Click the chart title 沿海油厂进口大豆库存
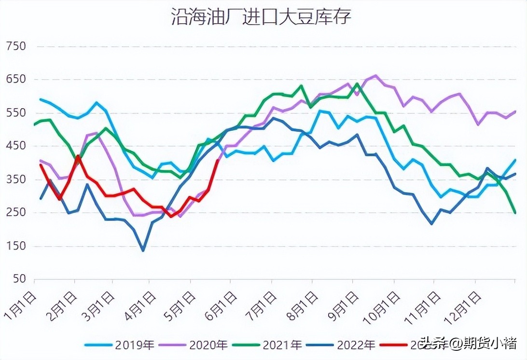[x=261, y=17]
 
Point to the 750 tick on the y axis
[x=15, y=47]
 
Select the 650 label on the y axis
[x=15, y=80]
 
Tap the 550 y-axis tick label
[x=15, y=113]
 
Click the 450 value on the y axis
[x=15, y=146]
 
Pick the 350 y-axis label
[x=15, y=180]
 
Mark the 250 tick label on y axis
[x=15, y=213]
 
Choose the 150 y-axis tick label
[x=15, y=246]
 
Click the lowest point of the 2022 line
[x=143, y=250]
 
